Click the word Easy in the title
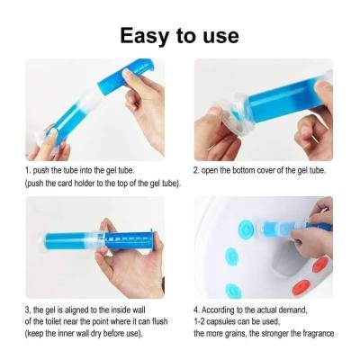coord(144,36)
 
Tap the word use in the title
coord(221,37)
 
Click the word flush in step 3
coord(159,321)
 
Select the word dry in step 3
coord(96,333)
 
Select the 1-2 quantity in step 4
coord(199,321)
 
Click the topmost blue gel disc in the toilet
coord(246,229)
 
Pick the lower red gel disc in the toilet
coord(302,287)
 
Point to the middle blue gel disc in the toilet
coord(232,257)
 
